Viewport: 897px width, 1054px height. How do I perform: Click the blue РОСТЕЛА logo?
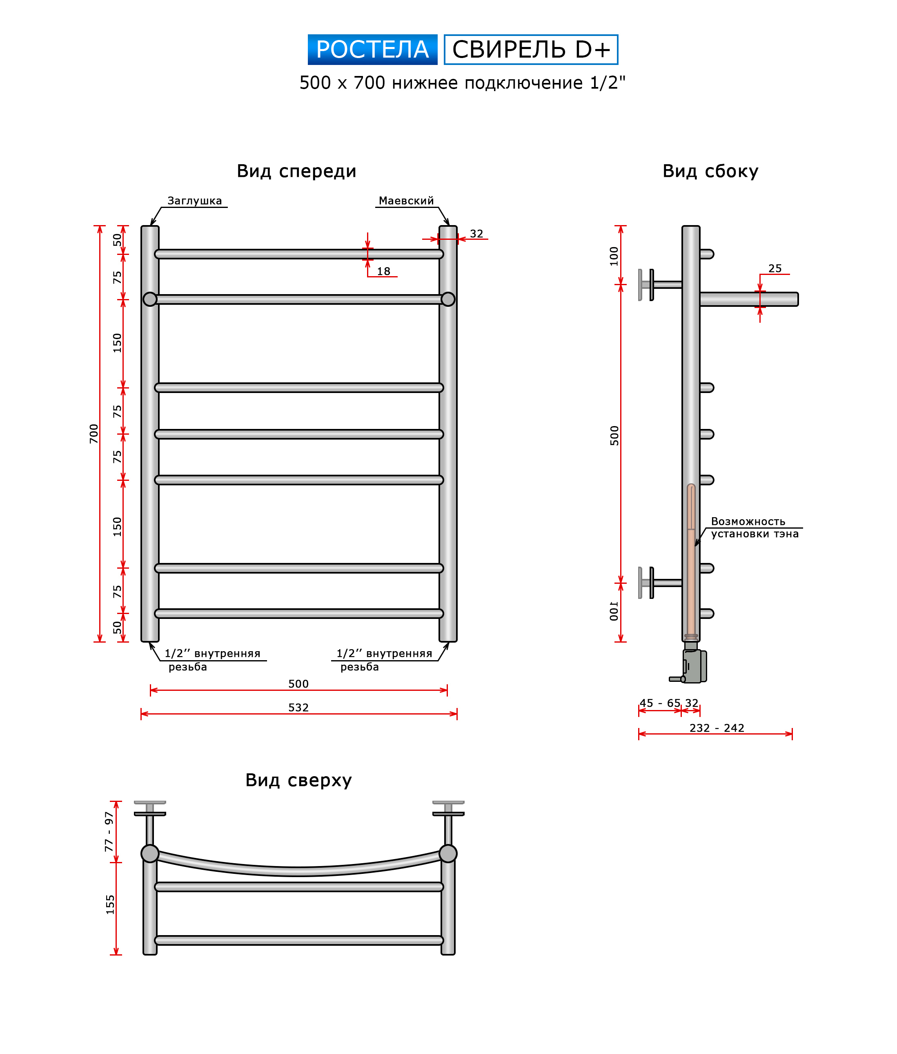click(x=372, y=50)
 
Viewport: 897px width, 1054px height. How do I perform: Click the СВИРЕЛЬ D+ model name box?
click(x=530, y=50)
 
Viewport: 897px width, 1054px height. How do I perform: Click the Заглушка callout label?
click(x=194, y=201)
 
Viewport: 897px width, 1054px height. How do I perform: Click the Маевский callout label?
click(x=406, y=201)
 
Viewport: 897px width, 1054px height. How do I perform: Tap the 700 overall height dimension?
click(x=94, y=433)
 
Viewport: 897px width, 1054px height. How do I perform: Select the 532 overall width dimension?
click(x=298, y=708)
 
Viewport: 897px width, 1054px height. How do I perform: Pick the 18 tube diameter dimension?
click(x=383, y=272)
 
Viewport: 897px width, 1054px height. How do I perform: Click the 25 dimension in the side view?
click(x=775, y=268)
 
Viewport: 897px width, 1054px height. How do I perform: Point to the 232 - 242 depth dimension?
click(x=717, y=728)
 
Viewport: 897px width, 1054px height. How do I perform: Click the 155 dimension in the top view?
click(x=110, y=904)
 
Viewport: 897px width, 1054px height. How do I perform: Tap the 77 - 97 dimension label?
click(x=109, y=831)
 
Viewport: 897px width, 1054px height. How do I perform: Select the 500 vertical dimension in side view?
click(x=614, y=435)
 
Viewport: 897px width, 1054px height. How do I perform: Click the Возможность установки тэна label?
click(x=754, y=527)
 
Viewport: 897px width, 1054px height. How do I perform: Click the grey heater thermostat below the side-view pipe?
click(x=694, y=666)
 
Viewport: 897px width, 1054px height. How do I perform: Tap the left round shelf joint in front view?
click(x=150, y=299)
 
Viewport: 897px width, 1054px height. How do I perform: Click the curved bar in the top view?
click(x=298, y=871)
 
